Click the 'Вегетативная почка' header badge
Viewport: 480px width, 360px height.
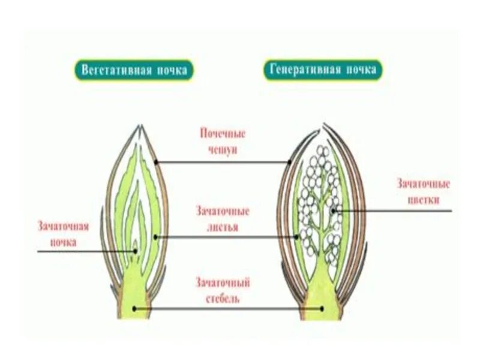tap(135, 70)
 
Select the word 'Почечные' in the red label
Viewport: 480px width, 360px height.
tap(223, 134)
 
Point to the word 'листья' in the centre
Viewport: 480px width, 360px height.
tap(223, 227)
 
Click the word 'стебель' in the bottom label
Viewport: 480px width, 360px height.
tap(223, 298)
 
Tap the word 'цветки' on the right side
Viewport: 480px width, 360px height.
tap(422, 199)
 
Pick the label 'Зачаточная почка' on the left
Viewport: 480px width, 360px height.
tap(64, 235)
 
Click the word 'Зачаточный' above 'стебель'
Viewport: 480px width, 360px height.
tap(223, 282)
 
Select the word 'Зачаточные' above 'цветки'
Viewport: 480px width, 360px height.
tap(422, 184)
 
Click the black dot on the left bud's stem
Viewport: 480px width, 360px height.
tap(134, 309)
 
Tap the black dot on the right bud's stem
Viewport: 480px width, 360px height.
tap(322, 309)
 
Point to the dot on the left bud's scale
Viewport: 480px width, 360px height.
tap(155, 161)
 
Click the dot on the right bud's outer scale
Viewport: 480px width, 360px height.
tap(289, 161)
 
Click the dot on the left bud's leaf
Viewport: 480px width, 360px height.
tap(155, 237)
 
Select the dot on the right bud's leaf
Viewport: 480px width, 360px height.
tap(296, 237)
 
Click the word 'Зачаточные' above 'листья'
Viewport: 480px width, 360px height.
tap(223, 211)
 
